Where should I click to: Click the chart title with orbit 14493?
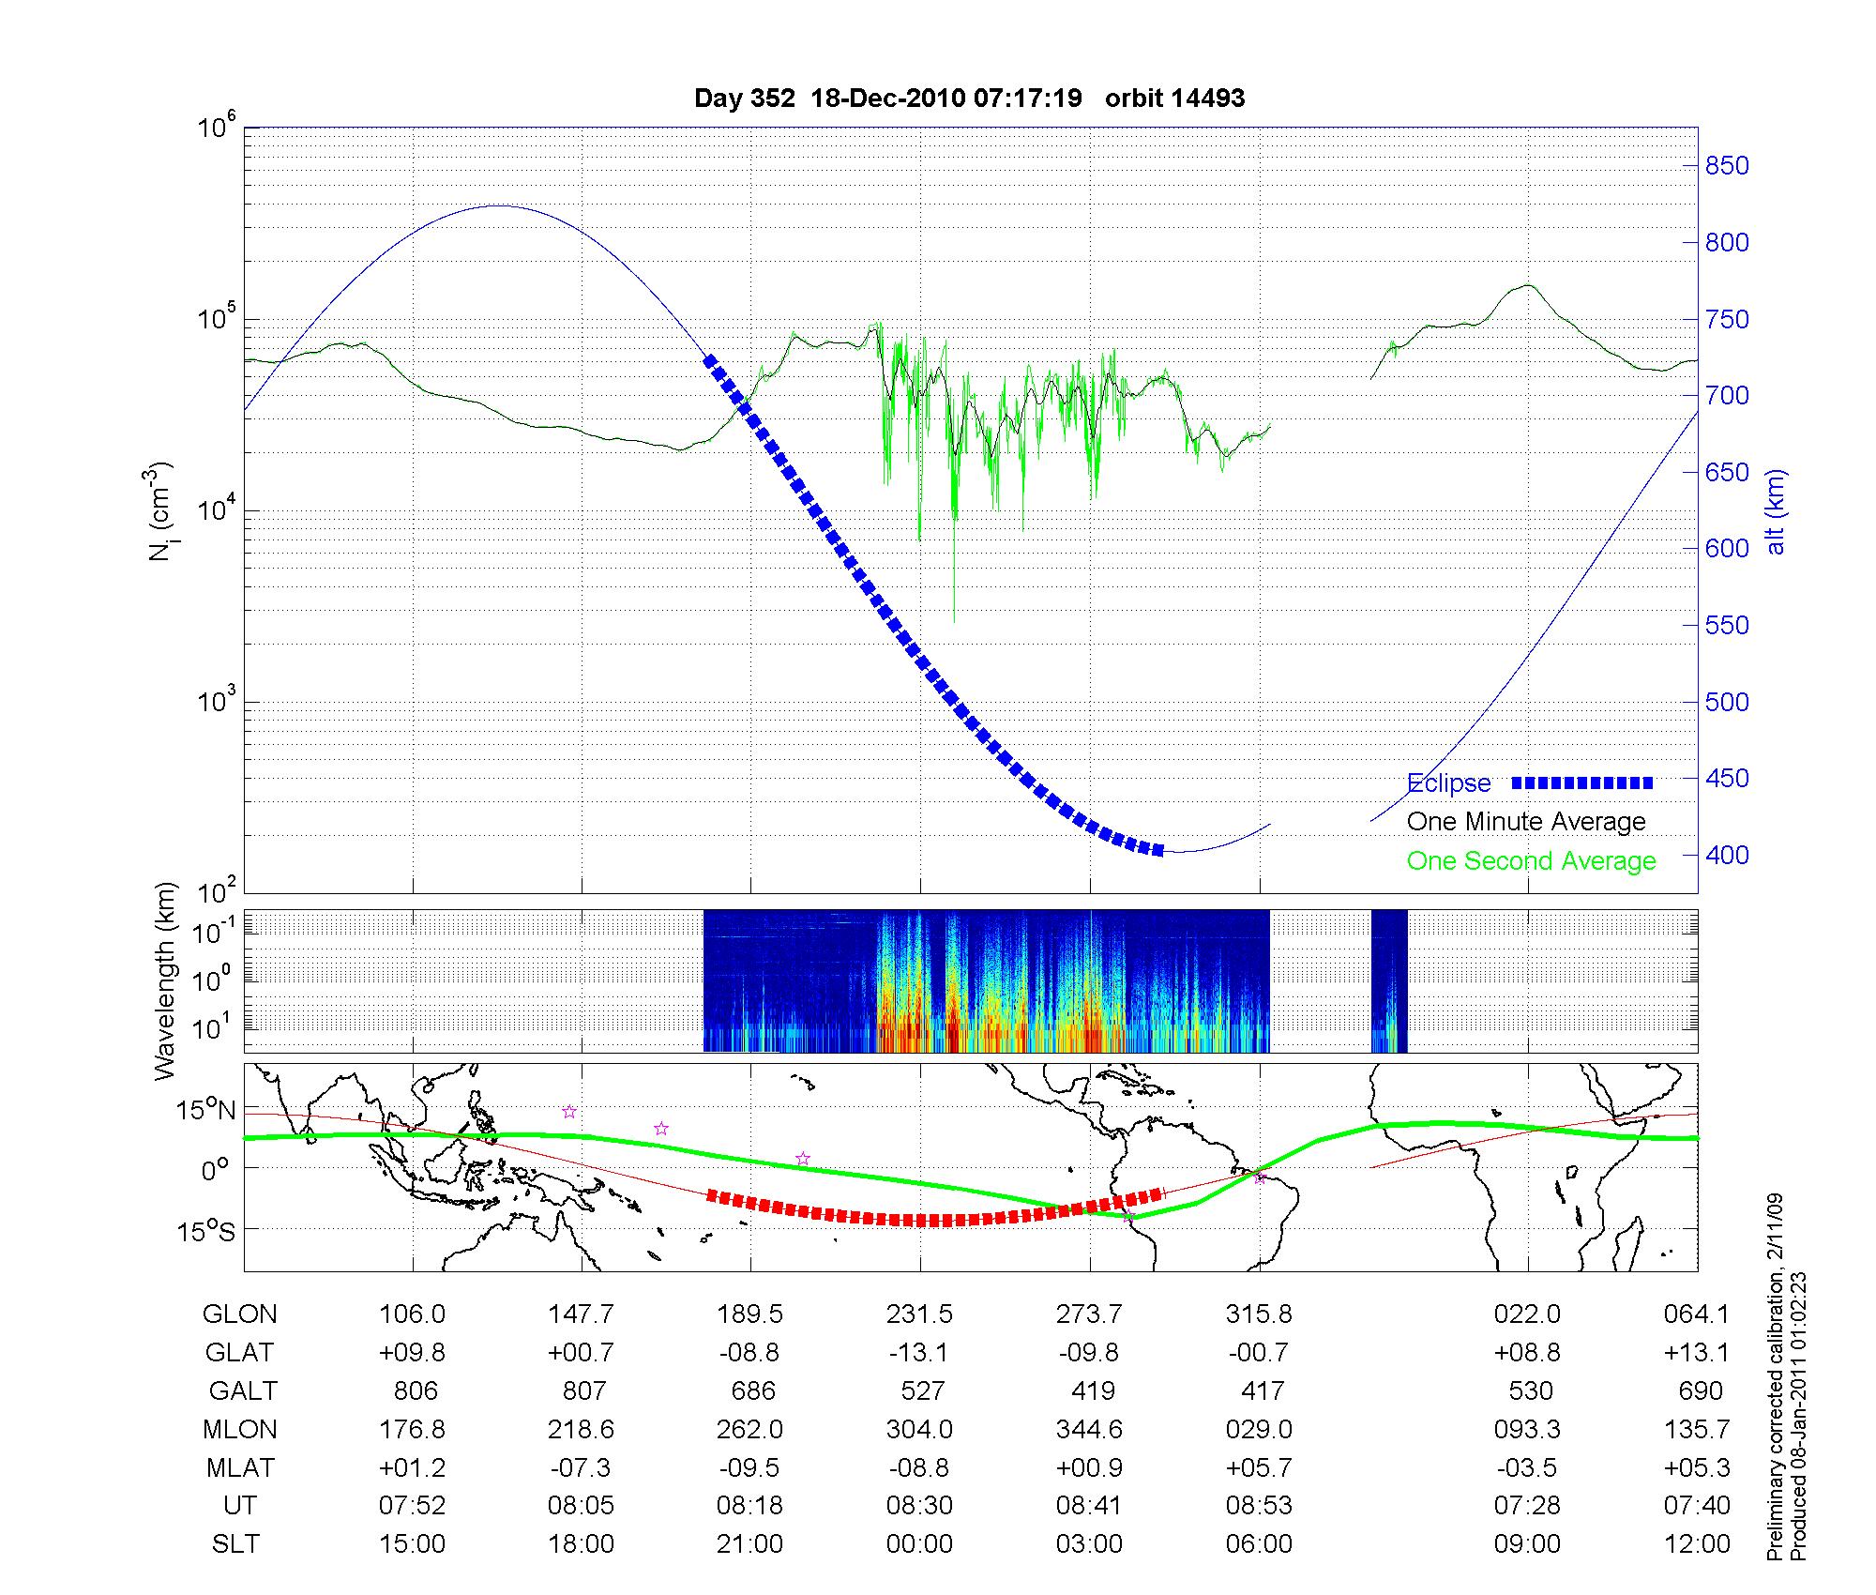[969, 99]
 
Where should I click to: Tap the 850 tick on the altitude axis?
[1727, 166]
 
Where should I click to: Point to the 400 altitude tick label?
[1727, 855]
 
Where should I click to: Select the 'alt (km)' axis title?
[1775, 511]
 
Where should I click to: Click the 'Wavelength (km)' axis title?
[165, 980]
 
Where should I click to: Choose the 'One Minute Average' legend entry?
[1526, 822]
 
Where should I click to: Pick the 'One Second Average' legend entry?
[1531, 861]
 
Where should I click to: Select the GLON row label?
[239, 1314]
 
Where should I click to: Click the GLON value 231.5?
[919, 1314]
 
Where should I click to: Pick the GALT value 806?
[415, 1390]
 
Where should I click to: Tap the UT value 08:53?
[1259, 1506]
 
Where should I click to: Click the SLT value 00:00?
[919, 1544]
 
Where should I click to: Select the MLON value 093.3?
[1527, 1429]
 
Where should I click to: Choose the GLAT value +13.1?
[1696, 1352]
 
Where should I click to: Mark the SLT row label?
[235, 1544]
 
